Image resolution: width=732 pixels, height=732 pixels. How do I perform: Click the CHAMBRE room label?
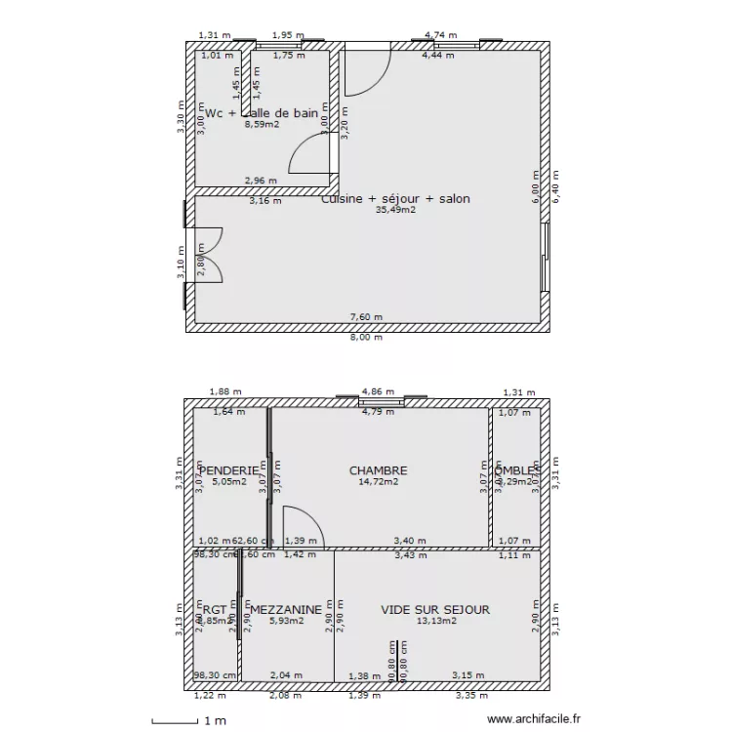[378, 470]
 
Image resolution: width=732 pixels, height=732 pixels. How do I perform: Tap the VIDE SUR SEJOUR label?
[435, 610]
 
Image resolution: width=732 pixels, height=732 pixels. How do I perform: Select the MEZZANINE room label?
[285, 610]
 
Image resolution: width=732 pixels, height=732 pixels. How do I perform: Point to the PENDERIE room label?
[230, 470]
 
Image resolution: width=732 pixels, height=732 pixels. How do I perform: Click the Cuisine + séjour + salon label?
[395, 199]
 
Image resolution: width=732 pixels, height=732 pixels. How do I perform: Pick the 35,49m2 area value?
[395, 210]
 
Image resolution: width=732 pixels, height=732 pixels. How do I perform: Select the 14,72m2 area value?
[378, 482]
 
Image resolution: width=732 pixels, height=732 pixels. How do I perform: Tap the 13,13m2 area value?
[435, 621]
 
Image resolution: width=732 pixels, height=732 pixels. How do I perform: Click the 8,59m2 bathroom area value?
[262, 125]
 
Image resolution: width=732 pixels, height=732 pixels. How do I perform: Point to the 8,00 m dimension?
[368, 338]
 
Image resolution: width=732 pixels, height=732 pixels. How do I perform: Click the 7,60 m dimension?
[368, 316]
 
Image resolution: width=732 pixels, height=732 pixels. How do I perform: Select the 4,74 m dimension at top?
[439, 36]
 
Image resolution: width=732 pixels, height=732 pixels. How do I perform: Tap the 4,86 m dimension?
[377, 392]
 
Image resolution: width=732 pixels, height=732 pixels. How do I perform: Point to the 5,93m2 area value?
[285, 621]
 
